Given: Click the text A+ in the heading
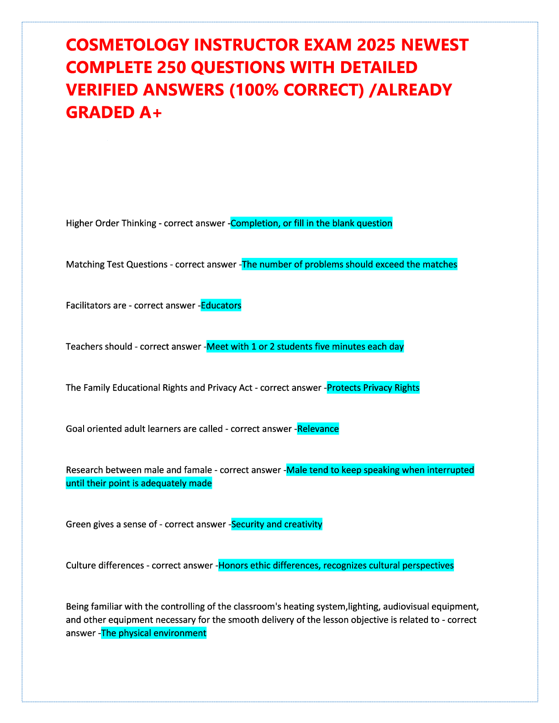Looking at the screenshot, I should coord(150,112).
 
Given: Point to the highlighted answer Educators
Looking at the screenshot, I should coord(221,305).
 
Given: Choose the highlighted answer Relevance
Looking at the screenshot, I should coord(318,429).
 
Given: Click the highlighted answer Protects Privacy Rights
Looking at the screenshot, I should coord(373,388).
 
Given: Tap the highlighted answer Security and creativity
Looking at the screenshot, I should coord(277,524).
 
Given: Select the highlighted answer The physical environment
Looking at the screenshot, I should coord(154,633).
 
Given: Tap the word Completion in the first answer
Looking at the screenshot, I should coord(253,223).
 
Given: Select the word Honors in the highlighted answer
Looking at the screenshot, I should coord(233,566).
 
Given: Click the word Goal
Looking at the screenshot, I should coord(75,429).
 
